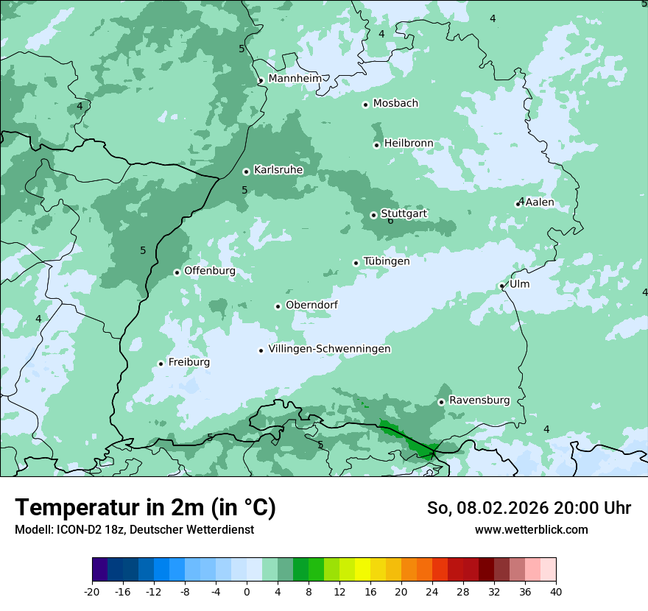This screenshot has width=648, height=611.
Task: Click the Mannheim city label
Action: coord(295,78)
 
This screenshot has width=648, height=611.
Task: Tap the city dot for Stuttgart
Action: coord(373,215)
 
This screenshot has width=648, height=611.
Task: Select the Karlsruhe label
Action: coord(278,170)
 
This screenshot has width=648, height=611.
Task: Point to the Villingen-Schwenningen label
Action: coord(329,349)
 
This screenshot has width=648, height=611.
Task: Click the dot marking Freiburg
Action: coord(161,364)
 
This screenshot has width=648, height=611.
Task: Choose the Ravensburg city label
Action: coord(479,400)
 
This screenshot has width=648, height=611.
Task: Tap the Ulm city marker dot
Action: coord(501,286)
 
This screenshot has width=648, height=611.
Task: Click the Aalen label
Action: coord(540,202)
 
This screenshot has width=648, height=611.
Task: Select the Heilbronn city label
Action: coord(409,143)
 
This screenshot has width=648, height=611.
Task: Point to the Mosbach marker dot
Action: coord(365,105)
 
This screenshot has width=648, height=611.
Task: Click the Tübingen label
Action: coord(387,261)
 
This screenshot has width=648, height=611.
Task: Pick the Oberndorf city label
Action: coord(311,305)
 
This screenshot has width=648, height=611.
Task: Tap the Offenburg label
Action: coord(210,271)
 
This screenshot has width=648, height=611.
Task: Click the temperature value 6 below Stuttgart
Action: coord(390,222)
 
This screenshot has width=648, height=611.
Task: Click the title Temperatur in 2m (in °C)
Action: coord(145,508)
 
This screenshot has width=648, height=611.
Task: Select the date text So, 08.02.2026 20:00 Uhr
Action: coord(529,508)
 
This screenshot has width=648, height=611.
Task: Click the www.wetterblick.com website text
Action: coord(531,530)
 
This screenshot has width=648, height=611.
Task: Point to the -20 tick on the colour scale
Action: coord(92,592)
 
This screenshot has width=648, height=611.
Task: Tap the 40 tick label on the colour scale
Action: coord(555,592)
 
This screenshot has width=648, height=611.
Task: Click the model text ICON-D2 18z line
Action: coord(134,530)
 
